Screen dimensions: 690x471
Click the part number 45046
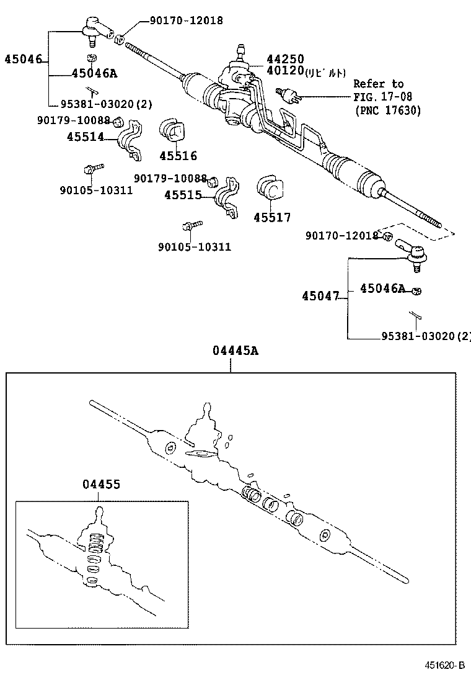tap(23, 60)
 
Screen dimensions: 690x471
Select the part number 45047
tap(320, 297)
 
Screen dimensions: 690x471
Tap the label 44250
tap(285, 60)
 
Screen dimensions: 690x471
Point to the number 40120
tap(285, 71)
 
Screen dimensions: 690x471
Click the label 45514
tap(85, 137)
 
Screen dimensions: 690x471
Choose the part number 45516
tap(177, 156)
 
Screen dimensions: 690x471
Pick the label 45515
tap(183, 195)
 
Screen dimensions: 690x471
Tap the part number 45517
tap(271, 218)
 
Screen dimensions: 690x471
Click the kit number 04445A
tap(235, 351)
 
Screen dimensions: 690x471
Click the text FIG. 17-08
tap(382, 97)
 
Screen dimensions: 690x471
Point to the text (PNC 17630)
tap(387, 110)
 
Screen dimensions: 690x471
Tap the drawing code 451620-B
tap(444, 665)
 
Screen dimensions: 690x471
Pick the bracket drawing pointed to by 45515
tap(227, 197)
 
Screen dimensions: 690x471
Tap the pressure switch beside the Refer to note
tap(288, 94)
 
